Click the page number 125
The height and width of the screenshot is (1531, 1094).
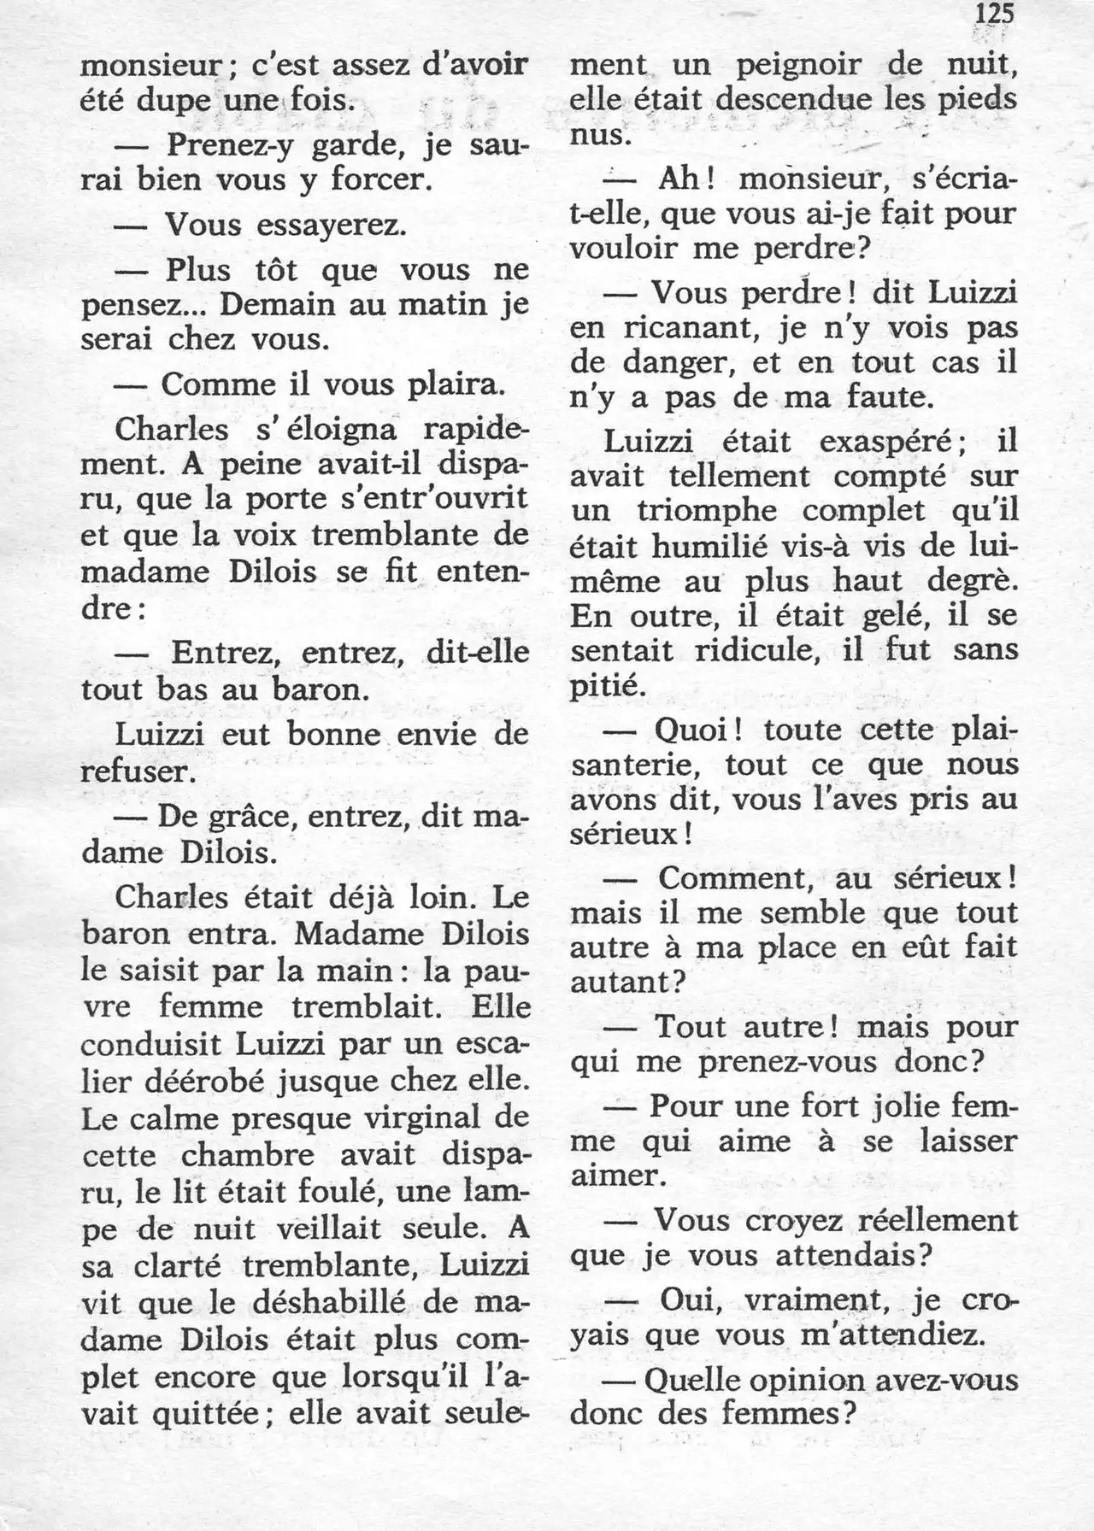click(x=993, y=15)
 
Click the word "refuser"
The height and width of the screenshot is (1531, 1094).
click(x=133, y=771)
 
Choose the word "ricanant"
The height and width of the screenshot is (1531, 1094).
click(x=681, y=328)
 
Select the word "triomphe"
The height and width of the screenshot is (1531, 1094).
click(x=706, y=512)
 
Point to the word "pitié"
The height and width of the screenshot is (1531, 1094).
click(x=603, y=685)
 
